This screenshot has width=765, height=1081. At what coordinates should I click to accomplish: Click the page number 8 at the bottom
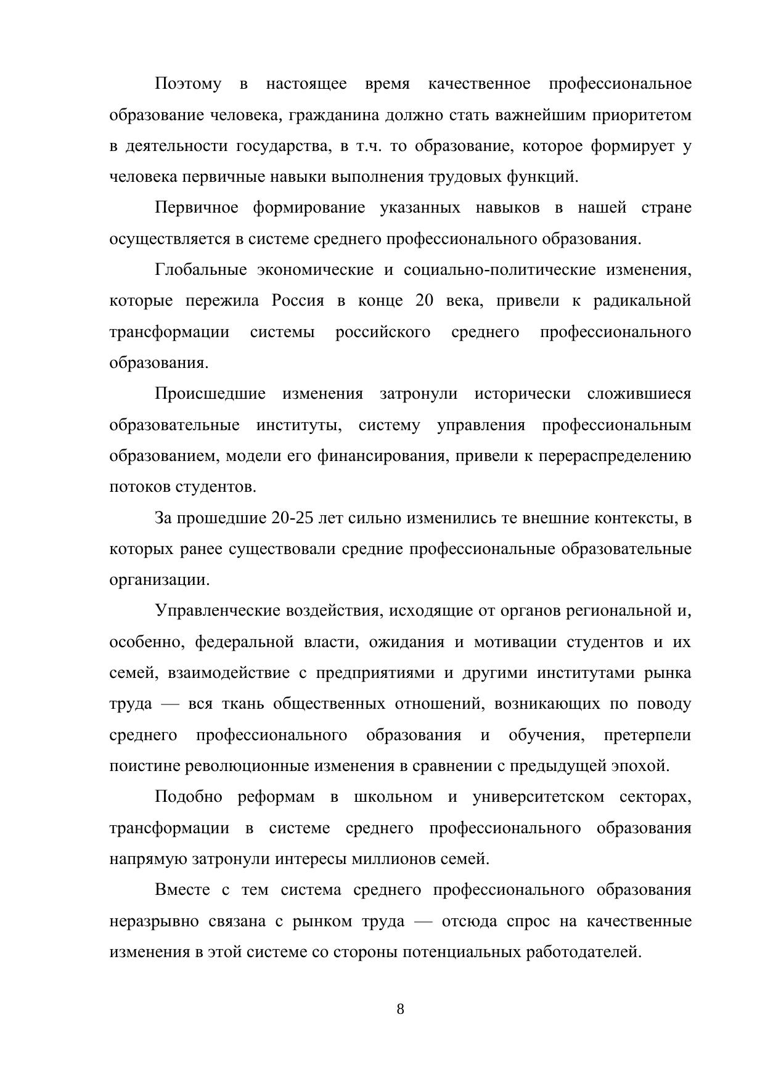click(400, 1010)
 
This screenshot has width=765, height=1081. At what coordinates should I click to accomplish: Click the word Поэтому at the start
click(188, 84)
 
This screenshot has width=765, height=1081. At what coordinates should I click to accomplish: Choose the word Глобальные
click(201, 270)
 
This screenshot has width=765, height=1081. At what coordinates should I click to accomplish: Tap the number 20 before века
click(425, 301)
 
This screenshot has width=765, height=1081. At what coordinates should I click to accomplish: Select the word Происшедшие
click(210, 394)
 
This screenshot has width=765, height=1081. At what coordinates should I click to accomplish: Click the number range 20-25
click(292, 518)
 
